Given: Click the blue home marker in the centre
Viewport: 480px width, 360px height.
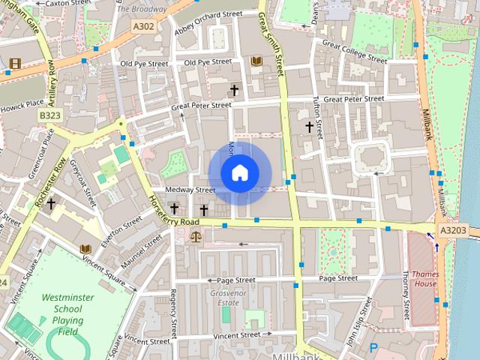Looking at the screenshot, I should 239,173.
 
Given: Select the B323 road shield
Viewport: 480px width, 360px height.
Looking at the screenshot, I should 50,115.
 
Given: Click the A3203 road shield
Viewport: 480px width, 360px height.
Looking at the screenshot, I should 453,231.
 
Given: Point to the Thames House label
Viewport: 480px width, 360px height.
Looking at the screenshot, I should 424,278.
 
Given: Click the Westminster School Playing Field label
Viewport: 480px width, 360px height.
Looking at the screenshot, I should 67,314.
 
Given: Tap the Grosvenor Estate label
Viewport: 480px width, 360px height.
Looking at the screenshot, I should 223,297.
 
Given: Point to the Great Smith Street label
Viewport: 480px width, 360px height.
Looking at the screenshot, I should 273,43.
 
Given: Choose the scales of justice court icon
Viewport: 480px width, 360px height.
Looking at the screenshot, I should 196,235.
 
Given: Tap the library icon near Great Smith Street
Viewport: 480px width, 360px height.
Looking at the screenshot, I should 257,61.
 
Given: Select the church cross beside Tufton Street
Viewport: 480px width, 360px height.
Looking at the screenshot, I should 308,127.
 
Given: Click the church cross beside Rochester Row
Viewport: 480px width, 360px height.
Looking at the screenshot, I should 51,203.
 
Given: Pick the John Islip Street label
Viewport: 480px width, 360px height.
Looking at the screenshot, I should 358,321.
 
